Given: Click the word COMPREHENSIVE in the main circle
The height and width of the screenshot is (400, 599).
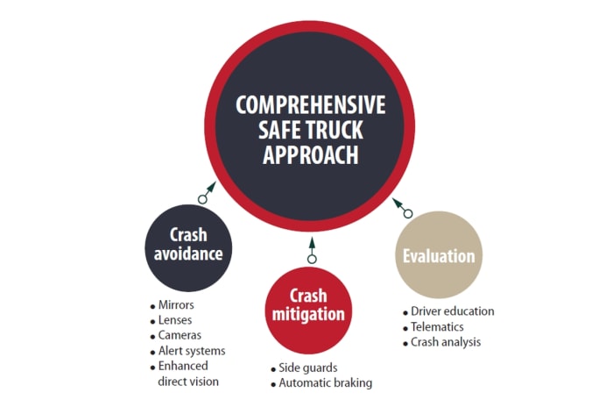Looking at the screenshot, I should [x=310, y=105].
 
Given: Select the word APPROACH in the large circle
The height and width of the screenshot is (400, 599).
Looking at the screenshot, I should [x=310, y=154].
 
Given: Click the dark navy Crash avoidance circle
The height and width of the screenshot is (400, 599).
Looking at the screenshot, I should [x=188, y=246].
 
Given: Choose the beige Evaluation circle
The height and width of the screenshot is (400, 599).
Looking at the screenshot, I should [x=439, y=255].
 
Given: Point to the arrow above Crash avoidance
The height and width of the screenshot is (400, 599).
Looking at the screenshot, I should [x=207, y=193].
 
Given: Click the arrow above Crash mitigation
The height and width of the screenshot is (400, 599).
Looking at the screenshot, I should [x=311, y=252].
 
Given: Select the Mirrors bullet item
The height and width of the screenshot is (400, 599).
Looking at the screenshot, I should [x=177, y=304].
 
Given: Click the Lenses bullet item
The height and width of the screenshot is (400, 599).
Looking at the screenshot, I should [x=176, y=319].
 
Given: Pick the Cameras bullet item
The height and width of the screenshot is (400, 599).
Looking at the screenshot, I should [x=180, y=335].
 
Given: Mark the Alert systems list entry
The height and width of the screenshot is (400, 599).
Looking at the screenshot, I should [x=191, y=351].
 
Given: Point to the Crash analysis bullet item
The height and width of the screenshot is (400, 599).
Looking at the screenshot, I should [x=446, y=342].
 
